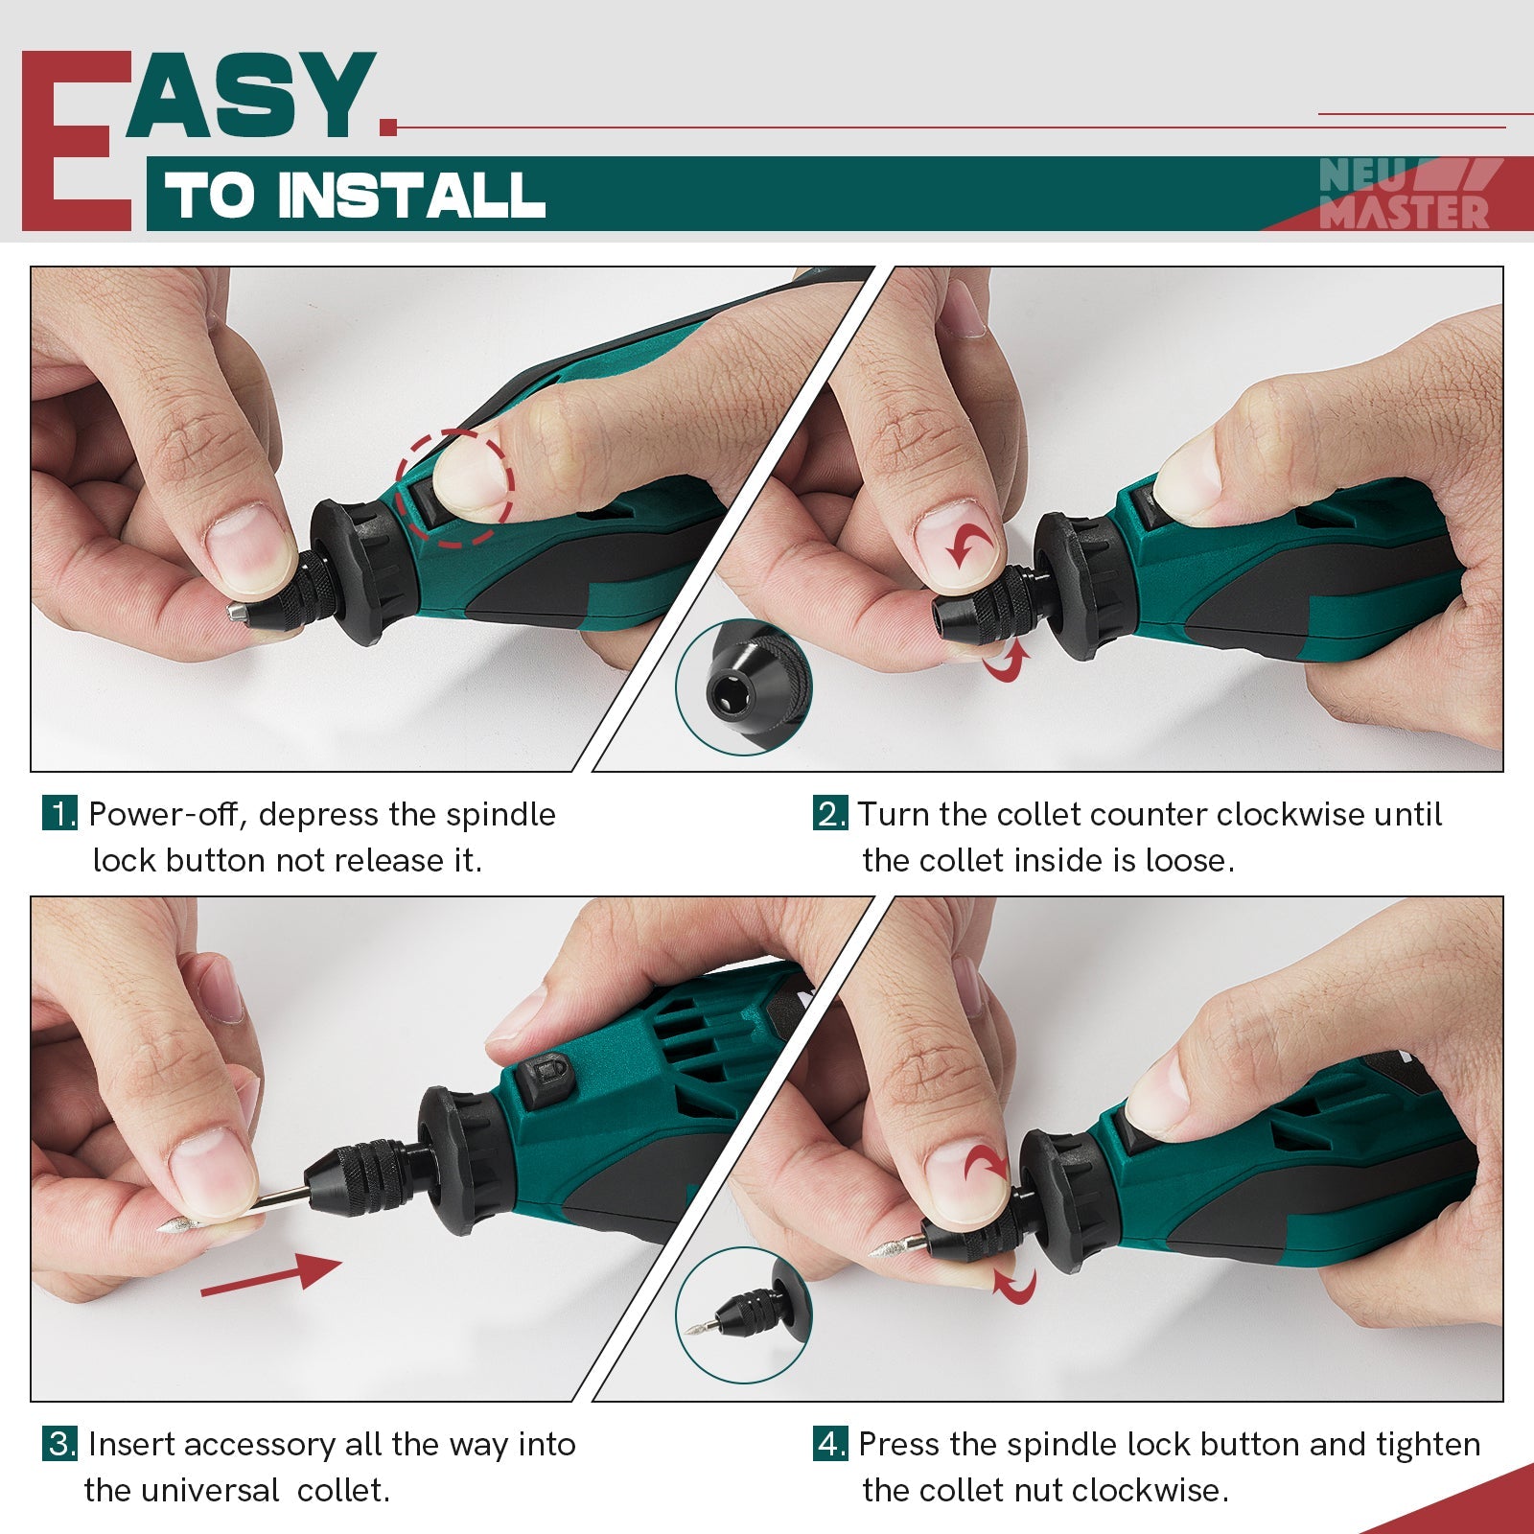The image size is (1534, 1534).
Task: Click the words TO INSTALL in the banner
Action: (355, 196)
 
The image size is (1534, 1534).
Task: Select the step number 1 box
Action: (60, 814)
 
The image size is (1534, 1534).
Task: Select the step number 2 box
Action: (830, 814)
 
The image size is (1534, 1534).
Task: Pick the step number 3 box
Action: (60, 1444)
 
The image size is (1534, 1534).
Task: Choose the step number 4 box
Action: (830, 1444)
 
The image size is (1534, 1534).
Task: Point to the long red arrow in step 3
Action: (270, 1275)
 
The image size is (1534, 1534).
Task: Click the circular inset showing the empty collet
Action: (743, 686)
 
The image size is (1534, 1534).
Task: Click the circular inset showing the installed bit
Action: (743, 1315)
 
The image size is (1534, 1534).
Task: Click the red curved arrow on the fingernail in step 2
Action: (970, 544)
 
